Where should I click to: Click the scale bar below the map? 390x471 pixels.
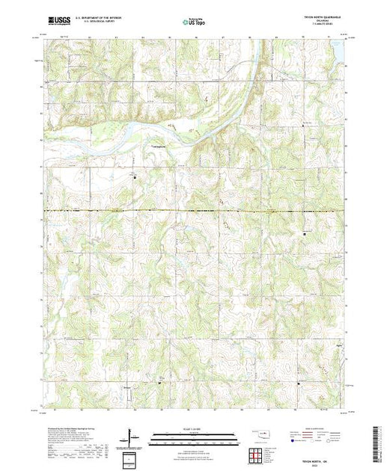point(195,436)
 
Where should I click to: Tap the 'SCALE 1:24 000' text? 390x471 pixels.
point(195,429)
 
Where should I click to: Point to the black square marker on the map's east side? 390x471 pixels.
point(305,234)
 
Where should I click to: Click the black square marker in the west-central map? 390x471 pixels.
point(135,178)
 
